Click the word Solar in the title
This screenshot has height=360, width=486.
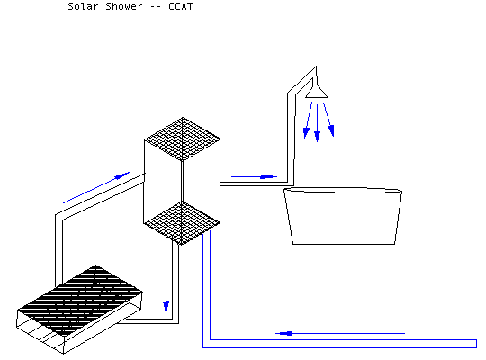83,6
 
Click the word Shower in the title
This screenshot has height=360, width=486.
124,6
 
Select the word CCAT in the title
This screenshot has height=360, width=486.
181,6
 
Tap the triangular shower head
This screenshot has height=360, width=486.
317,92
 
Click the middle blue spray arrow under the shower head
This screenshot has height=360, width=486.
317,123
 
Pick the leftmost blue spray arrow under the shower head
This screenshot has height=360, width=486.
309,120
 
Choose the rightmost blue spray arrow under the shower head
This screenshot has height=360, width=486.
328,120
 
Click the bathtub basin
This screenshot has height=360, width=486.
343,216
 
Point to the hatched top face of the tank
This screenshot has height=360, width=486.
183,139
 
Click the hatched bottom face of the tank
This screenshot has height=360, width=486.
182,222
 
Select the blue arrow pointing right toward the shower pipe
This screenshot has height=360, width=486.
254,176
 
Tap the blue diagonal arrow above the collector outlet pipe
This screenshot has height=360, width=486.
96,187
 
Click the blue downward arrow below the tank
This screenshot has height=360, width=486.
166,280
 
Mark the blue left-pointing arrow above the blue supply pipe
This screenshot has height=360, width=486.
340,333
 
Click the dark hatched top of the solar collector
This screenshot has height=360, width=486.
81,299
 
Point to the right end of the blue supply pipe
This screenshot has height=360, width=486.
476,344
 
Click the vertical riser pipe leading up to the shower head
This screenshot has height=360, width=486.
291,138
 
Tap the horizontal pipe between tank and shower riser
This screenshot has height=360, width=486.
254,184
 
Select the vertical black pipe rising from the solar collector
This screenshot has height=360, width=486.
58,249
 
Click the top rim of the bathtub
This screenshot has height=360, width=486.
343,190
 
